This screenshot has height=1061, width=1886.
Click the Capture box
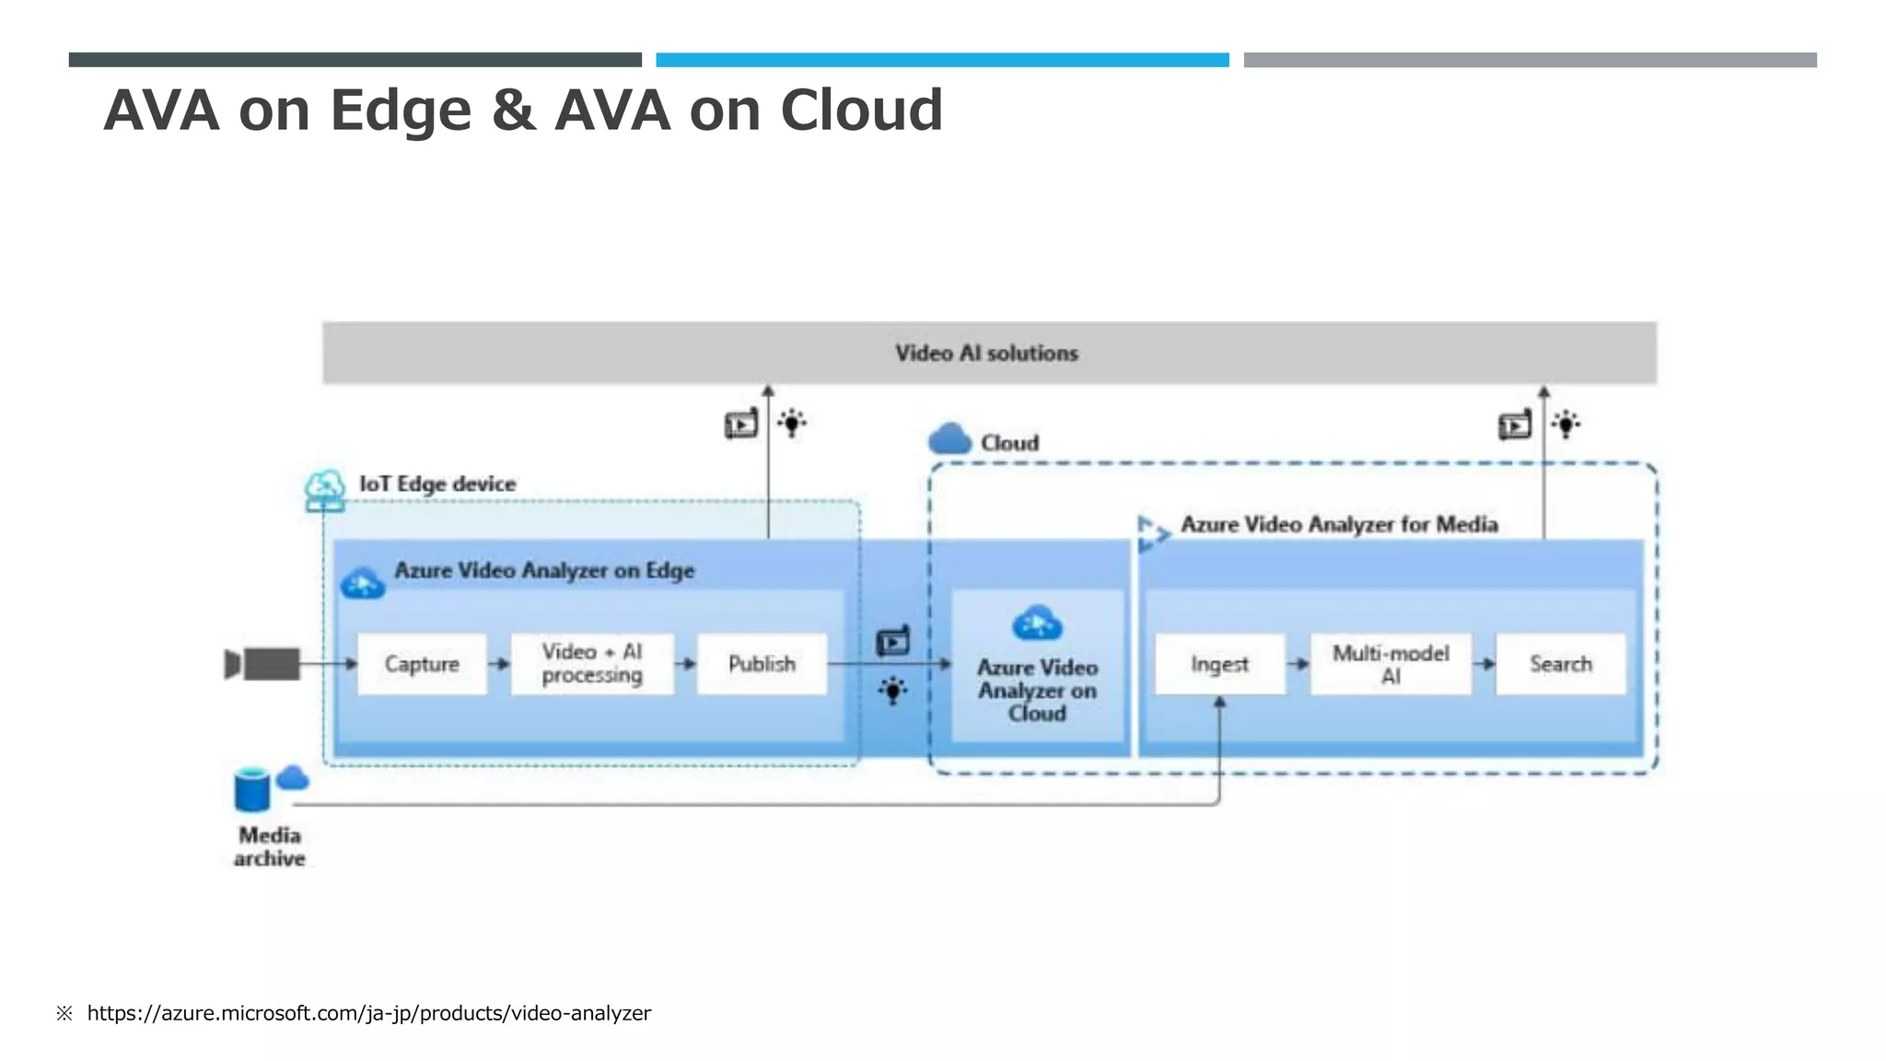coord(422,664)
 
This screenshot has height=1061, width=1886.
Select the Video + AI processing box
coord(592,664)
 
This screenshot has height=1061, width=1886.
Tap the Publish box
coord(762,664)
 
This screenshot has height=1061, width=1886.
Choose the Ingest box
coord(1219,664)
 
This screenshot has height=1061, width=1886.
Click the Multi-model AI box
coord(1391,664)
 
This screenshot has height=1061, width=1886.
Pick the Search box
coord(1561,664)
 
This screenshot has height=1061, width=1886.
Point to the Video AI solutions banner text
coord(986,353)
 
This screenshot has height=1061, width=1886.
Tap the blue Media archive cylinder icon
coord(252,790)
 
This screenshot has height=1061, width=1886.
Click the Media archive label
coord(269,846)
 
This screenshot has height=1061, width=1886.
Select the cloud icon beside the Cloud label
coord(949,439)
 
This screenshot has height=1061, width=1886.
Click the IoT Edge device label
coord(437,484)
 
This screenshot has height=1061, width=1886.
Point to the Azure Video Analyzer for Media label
coord(1339,524)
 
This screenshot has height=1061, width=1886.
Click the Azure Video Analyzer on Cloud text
coord(1037,690)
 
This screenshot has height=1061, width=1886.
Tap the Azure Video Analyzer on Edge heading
coord(544,570)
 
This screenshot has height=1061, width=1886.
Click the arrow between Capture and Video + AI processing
coord(498,664)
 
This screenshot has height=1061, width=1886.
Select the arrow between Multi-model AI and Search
coord(1484,664)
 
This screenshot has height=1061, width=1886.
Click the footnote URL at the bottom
coord(368,1013)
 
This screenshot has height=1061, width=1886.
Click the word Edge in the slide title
coord(401,111)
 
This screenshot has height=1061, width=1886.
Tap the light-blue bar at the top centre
coord(942,60)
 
